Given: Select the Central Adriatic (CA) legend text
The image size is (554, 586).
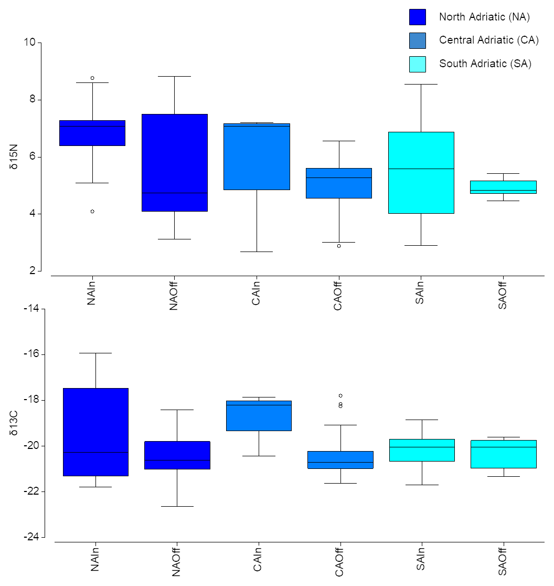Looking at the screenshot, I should [488, 40].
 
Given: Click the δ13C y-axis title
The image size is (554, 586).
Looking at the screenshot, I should [14, 424].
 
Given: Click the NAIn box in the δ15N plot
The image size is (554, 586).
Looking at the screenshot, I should [92, 133].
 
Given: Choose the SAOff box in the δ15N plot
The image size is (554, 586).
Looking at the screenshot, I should [503, 187].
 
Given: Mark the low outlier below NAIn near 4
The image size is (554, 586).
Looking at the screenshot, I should [92, 211].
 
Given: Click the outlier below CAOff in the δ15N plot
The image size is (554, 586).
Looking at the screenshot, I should [339, 246].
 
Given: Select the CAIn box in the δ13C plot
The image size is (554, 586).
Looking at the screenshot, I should [258, 415].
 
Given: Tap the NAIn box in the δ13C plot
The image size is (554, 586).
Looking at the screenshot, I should [95, 432].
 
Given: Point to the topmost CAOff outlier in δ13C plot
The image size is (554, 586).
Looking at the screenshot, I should [340, 395].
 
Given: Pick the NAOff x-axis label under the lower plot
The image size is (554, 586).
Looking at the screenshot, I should [176, 561].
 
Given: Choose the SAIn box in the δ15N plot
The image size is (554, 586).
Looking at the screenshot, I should [421, 172].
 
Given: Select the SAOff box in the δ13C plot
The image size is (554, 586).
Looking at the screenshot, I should [503, 454].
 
